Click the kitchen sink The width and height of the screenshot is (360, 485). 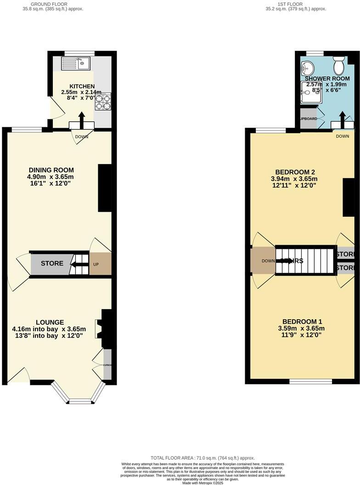tap(77, 63)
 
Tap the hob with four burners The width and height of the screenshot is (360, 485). tap(103, 102)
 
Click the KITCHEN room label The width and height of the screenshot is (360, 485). tap(82, 86)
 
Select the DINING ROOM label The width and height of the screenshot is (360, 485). tap(50, 170)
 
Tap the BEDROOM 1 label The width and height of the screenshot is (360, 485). tap(302, 321)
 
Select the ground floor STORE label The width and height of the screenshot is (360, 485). tap(52, 264)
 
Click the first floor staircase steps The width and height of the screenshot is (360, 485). tap(305, 260)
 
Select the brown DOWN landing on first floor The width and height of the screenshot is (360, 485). tap(263, 261)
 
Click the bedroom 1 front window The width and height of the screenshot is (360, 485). tap(311, 381)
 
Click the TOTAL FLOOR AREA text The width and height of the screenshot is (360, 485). tap(202, 458)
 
